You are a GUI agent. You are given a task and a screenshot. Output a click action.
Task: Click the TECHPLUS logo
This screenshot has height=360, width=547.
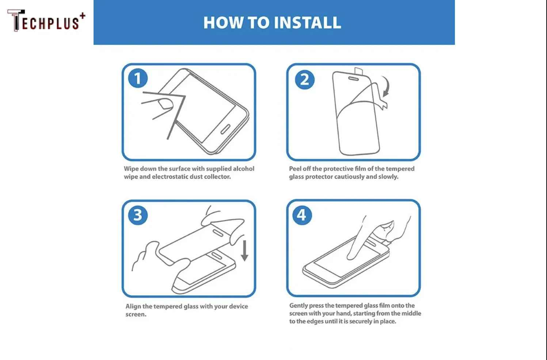pos(46,21)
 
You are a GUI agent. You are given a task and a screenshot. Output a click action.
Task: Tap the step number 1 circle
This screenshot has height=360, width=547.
pos(138,78)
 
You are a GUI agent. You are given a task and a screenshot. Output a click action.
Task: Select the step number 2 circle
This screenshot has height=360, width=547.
pos(304,80)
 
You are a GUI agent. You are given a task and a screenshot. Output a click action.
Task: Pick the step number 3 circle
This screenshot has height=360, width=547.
pos(138,215)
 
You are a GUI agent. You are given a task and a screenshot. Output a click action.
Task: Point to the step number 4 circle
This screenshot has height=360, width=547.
pos(302,215)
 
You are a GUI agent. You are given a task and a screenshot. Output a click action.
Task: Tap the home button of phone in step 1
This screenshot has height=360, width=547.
pos(225,129)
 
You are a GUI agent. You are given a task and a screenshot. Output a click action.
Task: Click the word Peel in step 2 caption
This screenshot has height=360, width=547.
pos(295,169)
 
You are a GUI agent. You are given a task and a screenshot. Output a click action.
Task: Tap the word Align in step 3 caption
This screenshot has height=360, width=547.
pos(133,306)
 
